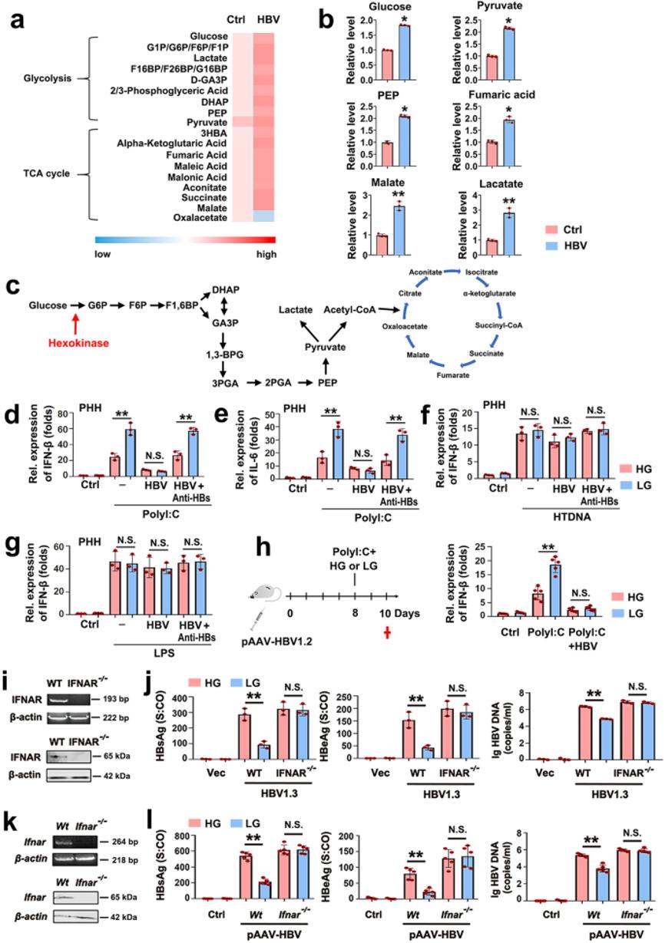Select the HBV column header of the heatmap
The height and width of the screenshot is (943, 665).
click(x=264, y=20)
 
